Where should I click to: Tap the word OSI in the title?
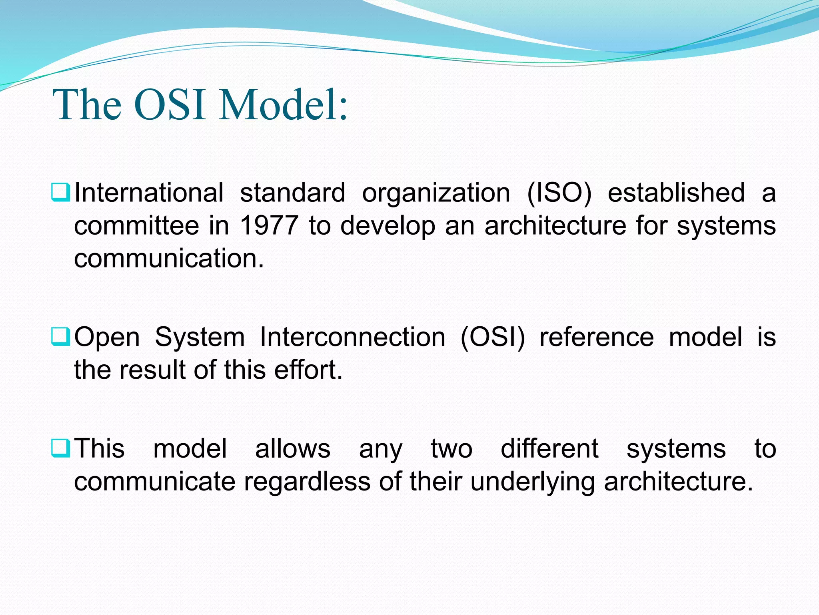[x=170, y=105]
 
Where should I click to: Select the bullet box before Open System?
[x=61, y=336]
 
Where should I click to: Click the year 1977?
[x=269, y=225]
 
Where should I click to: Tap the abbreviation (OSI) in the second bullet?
[x=492, y=337]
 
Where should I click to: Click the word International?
[x=149, y=193]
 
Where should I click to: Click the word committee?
[x=136, y=225]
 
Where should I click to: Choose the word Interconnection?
[x=352, y=337]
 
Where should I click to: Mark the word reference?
[x=597, y=337]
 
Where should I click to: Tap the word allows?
[x=293, y=448]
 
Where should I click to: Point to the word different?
[x=549, y=448]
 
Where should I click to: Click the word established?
[x=676, y=193]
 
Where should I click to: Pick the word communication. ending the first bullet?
[x=169, y=258]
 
